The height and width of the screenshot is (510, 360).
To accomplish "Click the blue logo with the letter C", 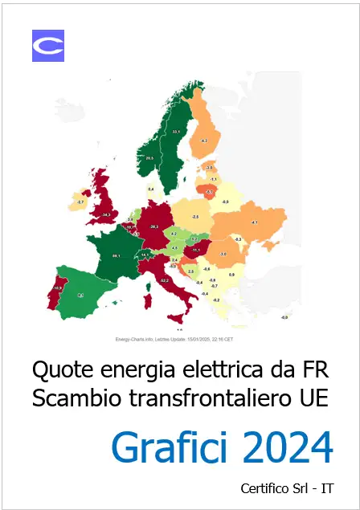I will [x=47, y=46].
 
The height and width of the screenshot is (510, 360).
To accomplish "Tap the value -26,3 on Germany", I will [x=154, y=226].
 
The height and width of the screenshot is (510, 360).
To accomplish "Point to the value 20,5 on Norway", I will [x=149, y=158].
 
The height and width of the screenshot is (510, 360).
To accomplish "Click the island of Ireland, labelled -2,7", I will [x=80, y=202].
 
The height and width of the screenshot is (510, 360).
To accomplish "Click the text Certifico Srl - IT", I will [x=286, y=487].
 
